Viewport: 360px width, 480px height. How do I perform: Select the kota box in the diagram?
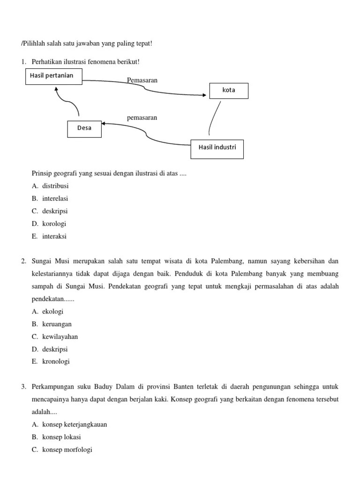pyautogui.click(x=229, y=90)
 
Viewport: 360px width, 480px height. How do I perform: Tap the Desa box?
pyautogui.click(x=84, y=128)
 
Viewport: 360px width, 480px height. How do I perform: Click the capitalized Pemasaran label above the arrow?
pyautogui.click(x=142, y=80)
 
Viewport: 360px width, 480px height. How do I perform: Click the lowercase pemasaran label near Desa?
pyautogui.click(x=142, y=118)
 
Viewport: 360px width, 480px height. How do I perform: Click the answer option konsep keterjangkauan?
pyautogui.click(x=75, y=424)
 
